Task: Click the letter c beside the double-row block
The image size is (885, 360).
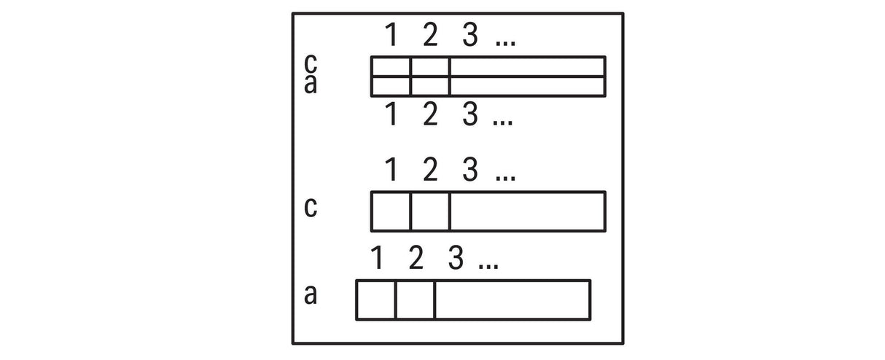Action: [311, 63]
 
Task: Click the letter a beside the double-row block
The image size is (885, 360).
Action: [311, 84]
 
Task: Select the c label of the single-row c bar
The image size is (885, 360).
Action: [311, 207]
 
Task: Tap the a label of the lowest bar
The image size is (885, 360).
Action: [311, 294]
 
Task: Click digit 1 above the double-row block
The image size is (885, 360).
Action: [391, 35]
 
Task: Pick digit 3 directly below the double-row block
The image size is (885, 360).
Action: [469, 114]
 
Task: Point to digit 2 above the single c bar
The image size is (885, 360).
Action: [430, 169]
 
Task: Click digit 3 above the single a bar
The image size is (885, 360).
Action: [456, 258]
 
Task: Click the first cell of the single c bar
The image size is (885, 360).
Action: [391, 211]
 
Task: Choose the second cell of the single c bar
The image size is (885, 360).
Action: [430, 211]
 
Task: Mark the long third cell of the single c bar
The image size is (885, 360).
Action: [528, 211]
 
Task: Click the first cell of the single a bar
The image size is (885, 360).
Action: [375, 300]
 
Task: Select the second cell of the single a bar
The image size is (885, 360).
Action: [416, 300]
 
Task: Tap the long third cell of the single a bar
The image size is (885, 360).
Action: [512, 300]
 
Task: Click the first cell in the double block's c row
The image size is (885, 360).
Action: [391, 67]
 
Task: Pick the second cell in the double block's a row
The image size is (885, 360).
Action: [430, 87]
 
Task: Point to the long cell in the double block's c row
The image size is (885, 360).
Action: [528, 67]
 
